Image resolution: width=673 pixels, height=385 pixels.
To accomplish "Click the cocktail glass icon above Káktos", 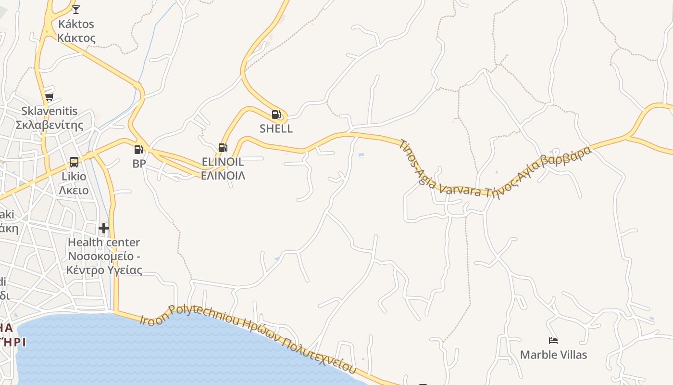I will coord(76,9).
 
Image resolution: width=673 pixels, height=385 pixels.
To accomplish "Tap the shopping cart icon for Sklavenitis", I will coord(49,97).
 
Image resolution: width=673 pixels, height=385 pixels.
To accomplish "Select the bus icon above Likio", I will coord(74,162).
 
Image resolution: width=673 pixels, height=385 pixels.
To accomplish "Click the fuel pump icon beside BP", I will coord(138,150).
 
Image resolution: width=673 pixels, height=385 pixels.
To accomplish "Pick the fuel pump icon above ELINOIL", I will coord(222,147).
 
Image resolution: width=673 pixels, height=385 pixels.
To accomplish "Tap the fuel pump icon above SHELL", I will coord(276,115).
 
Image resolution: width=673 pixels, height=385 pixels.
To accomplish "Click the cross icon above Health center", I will coord(104,228).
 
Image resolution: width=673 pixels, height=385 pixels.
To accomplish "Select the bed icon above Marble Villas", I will coord(553,341).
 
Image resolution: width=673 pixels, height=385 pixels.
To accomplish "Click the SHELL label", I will coord(276,128).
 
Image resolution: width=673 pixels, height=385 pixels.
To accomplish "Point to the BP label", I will coord(139,164).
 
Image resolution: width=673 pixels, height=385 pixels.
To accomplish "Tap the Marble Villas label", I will coord(553,355).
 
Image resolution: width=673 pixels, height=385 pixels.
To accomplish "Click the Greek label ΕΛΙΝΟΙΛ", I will coord(223,175).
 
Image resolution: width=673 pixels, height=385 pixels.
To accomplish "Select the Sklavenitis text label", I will coord(49,111).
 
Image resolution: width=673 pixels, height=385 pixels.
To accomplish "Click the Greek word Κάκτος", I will coord(76,38).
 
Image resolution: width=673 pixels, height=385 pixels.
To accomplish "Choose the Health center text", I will coord(104,242).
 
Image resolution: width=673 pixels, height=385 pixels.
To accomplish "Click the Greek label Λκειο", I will coord(74,190).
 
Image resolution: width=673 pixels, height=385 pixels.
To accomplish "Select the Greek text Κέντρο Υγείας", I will coord(104,269).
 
